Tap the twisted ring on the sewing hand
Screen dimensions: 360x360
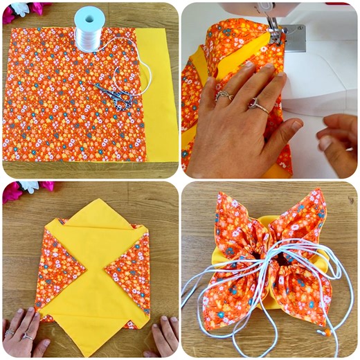click(x=224, y=96)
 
